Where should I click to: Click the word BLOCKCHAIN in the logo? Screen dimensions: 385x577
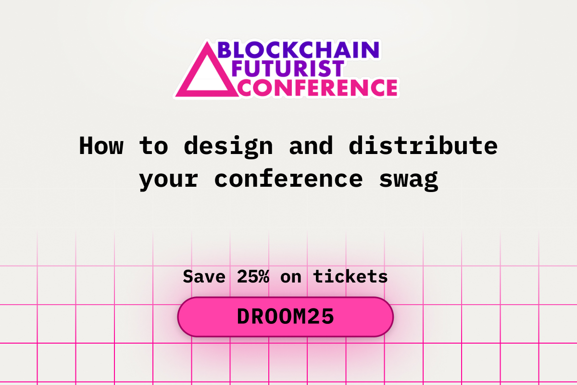pyautogui.click(x=299, y=50)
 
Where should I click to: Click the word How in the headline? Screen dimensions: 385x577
pyautogui.click(x=101, y=145)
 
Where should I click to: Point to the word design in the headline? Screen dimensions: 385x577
pyautogui.click(x=228, y=146)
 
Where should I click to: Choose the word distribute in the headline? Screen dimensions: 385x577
pyautogui.click(x=423, y=145)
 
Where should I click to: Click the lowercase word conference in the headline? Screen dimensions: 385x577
pyautogui.click(x=288, y=179)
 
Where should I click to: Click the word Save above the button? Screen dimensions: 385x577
pyautogui.click(x=204, y=276)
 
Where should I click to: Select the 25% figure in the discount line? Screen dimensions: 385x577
pyautogui.click(x=252, y=276)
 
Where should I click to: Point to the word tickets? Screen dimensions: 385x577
pyautogui.click(x=351, y=276)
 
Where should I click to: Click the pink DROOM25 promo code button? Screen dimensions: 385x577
pyautogui.click(x=285, y=317)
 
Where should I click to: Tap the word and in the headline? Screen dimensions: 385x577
pyautogui.click(x=311, y=145)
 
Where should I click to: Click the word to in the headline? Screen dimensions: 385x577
pyautogui.click(x=153, y=145)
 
